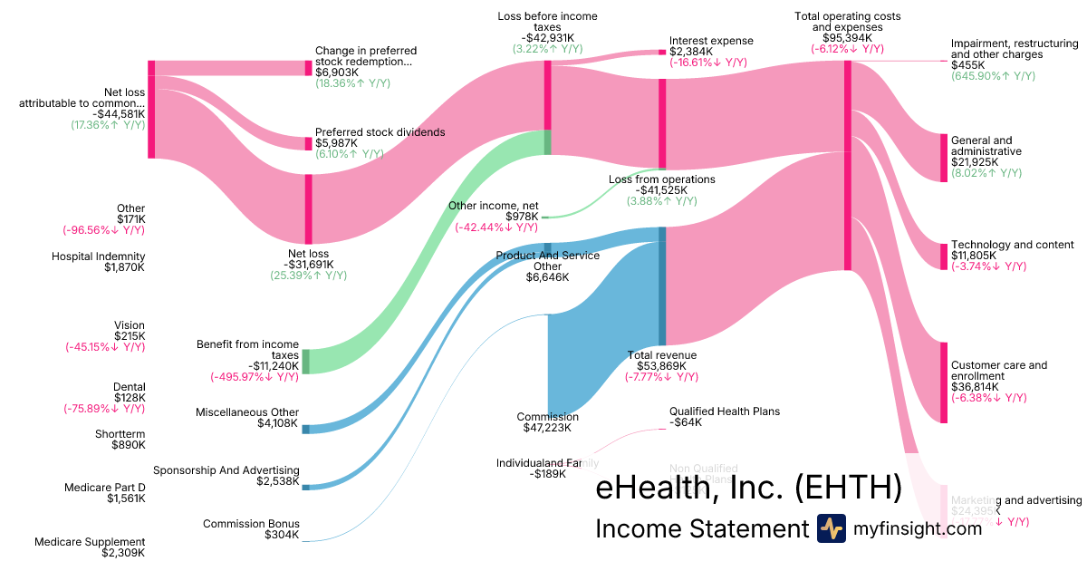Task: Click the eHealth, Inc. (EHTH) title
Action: tap(748, 488)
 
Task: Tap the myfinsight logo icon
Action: tap(832, 528)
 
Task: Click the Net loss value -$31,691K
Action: tap(308, 265)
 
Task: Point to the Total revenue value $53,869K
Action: tap(661, 365)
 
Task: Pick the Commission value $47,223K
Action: tap(548, 428)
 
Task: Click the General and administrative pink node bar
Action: tap(943, 157)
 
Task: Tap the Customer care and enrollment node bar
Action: tap(943, 382)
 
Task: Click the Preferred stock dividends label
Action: tap(380, 132)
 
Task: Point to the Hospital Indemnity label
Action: tap(98, 256)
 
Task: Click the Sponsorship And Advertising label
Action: tap(226, 470)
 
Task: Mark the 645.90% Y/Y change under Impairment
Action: tap(993, 76)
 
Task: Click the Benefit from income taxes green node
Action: tap(306, 361)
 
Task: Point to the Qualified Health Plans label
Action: tap(724, 411)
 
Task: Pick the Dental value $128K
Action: tap(130, 398)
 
